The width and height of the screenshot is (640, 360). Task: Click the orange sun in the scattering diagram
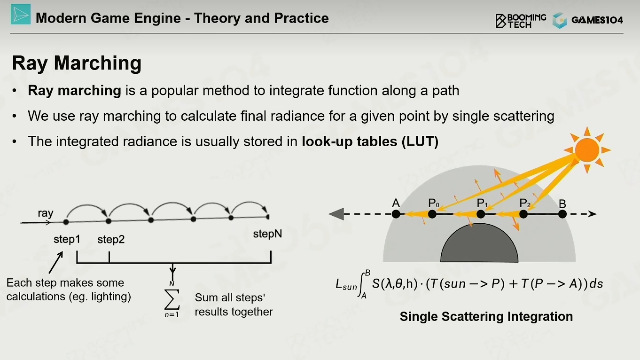[x=587, y=150]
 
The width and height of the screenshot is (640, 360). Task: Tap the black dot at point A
[x=396, y=214]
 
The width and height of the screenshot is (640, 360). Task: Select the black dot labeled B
[x=562, y=214]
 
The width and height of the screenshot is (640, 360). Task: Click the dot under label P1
[x=481, y=214]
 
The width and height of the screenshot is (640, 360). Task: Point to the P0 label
[x=433, y=203]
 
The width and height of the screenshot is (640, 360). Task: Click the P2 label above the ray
[x=525, y=203]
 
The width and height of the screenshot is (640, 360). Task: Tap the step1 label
[x=67, y=239]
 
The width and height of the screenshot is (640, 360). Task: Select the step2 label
[x=111, y=239]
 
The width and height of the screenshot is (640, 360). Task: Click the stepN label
[x=267, y=234]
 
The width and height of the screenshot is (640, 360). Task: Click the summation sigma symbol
[x=172, y=299]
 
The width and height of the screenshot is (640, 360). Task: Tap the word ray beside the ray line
[x=46, y=213]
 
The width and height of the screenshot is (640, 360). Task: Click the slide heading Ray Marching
[x=77, y=63]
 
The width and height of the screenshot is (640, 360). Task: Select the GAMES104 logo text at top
[x=597, y=20]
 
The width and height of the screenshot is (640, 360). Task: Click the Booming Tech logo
[x=520, y=21]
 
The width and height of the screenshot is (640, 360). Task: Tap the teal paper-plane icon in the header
[x=21, y=14]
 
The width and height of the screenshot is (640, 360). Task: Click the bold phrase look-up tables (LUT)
[x=370, y=141]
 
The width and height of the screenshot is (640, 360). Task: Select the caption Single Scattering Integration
[x=486, y=317]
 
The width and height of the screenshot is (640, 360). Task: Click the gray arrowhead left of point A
[x=336, y=214]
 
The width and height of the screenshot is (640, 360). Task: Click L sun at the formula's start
[x=346, y=285]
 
